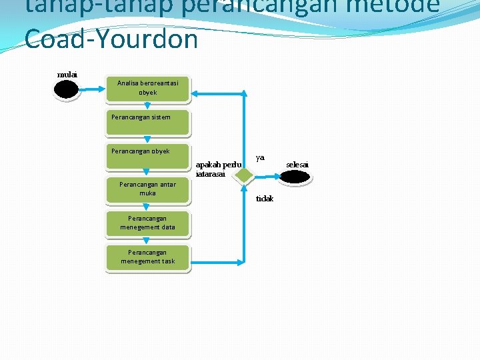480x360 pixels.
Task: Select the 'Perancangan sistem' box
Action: click(x=148, y=122)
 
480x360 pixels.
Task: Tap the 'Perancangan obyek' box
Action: click(x=148, y=156)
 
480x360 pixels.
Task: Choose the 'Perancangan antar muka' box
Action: click(x=148, y=189)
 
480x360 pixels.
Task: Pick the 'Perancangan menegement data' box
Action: click(x=148, y=223)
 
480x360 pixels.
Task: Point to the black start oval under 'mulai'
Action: click(x=67, y=89)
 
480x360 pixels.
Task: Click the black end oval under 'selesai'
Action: click(x=295, y=177)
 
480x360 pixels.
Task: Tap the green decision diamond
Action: click(x=245, y=175)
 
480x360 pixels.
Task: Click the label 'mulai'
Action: click(x=67, y=74)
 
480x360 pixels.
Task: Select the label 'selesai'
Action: click(x=297, y=164)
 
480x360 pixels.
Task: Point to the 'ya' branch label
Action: click(x=260, y=157)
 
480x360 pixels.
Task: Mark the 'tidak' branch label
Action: click(x=265, y=199)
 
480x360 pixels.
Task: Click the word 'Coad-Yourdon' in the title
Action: click(x=111, y=39)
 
